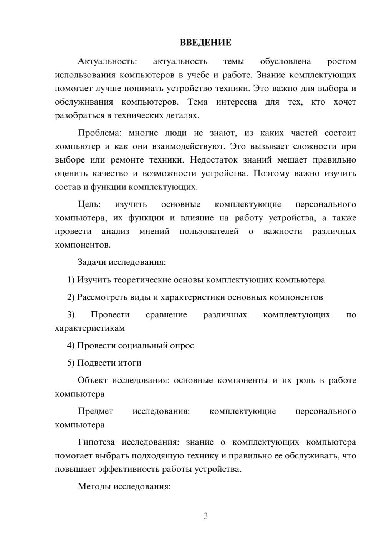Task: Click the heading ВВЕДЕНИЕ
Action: coord(205,43)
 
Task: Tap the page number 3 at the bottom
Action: coord(205,516)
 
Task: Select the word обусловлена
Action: coord(285,61)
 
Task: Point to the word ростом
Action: coord(341,61)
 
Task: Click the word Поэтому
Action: coord(271,173)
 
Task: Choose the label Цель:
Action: coord(89,204)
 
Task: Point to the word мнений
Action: coord(154,231)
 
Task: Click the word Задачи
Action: coord(92,262)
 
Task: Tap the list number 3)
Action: coord(71,315)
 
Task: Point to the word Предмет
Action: coord(95,411)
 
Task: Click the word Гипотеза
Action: coord(96,442)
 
